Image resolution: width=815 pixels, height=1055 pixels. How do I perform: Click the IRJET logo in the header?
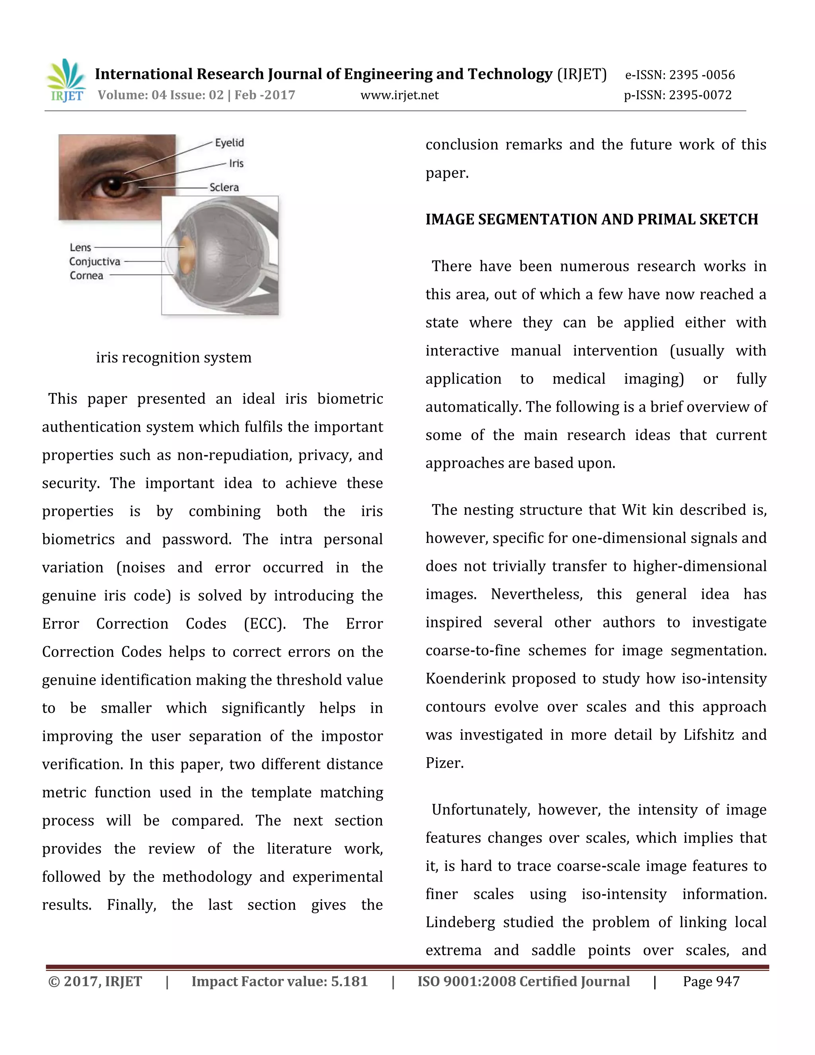[x=66, y=81]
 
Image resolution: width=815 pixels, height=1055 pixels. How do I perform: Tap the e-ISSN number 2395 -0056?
[x=702, y=75]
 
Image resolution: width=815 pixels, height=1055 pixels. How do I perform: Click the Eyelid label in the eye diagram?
[x=229, y=143]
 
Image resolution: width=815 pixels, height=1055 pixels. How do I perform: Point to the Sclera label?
[x=224, y=188]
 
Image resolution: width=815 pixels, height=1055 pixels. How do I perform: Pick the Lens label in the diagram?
[x=80, y=247]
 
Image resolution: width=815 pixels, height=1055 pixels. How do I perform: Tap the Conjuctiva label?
[x=95, y=261]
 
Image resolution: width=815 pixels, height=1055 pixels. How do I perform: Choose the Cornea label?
[x=86, y=275]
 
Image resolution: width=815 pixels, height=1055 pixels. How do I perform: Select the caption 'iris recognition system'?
[x=174, y=358]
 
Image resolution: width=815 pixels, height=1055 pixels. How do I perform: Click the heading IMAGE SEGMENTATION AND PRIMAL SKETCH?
[x=591, y=219]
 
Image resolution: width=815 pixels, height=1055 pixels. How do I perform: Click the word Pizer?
[x=444, y=763]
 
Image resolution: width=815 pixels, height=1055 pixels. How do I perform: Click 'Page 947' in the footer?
[x=711, y=982]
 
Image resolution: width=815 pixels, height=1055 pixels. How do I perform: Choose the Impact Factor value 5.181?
[x=349, y=982]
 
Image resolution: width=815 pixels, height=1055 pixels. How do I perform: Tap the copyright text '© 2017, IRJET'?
[x=95, y=982]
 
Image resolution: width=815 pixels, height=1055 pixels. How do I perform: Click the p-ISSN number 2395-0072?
[x=700, y=95]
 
